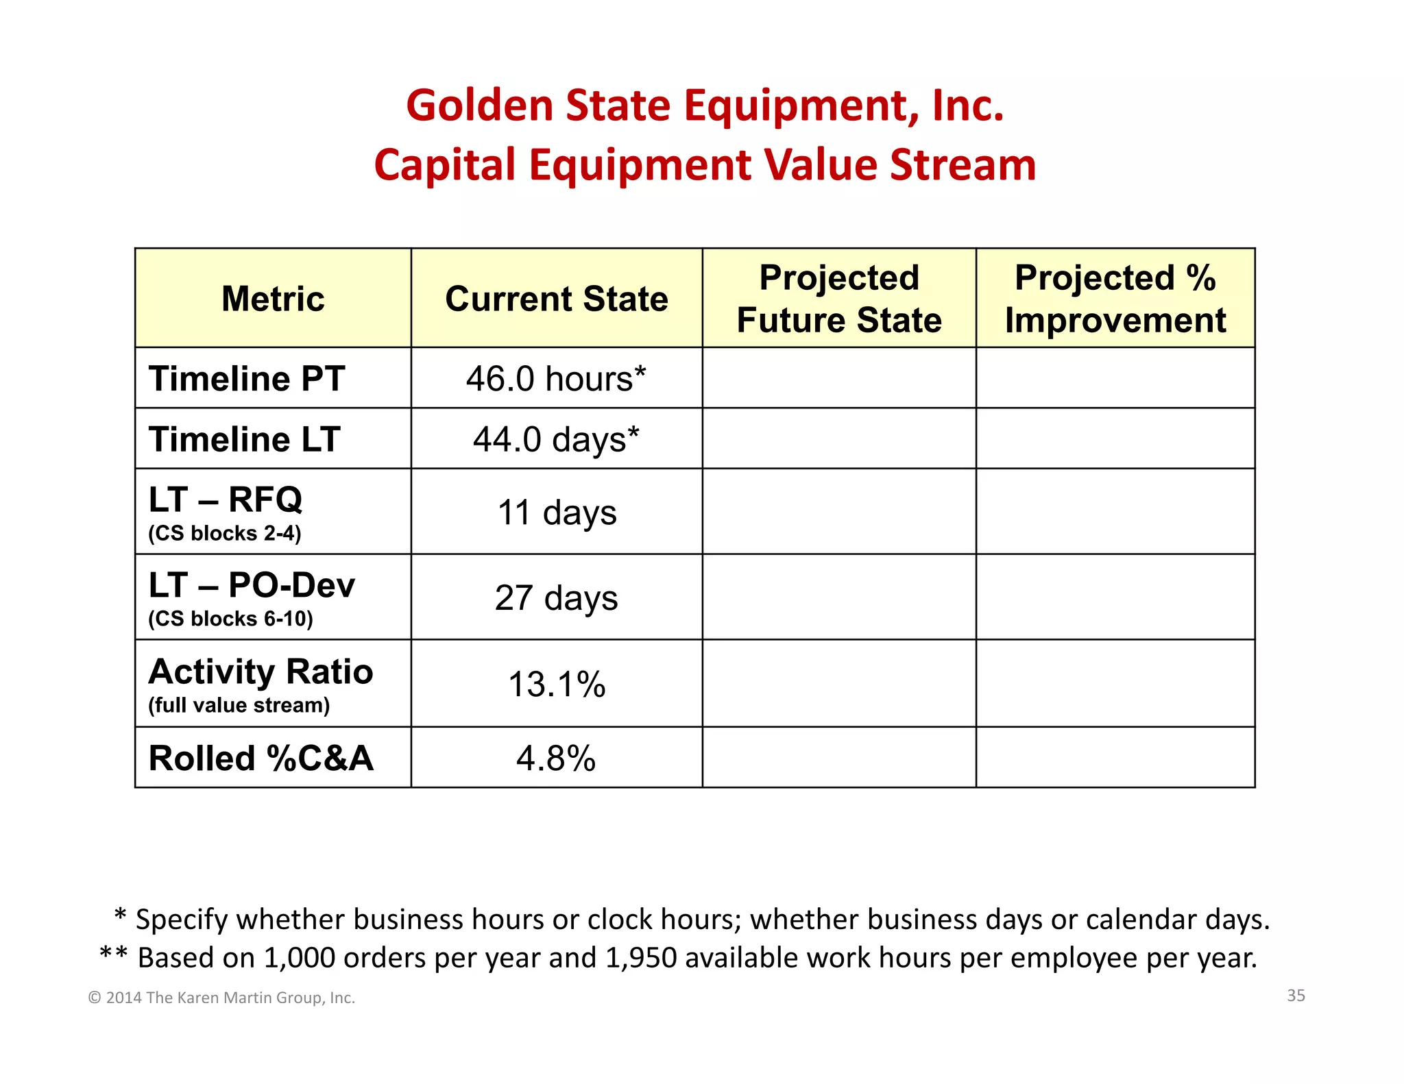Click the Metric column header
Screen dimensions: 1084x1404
click(x=273, y=299)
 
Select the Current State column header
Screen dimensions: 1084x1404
click(x=556, y=299)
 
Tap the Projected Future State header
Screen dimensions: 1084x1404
click(x=839, y=299)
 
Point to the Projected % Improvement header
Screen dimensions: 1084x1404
click(x=1115, y=299)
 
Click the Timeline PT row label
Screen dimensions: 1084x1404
click(x=247, y=378)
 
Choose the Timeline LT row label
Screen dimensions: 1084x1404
click(x=244, y=439)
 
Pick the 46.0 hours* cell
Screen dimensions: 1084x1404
click(x=556, y=378)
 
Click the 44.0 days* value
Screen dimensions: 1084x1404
click(x=556, y=439)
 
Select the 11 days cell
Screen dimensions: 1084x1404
click(x=557, y=513)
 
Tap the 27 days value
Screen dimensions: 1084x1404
click(x=556, y=598)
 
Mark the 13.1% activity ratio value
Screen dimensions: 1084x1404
click(x=557, y=685)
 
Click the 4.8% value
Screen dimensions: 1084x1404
click(x=556, y=759)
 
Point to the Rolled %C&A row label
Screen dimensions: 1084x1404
click(x=261, y=759)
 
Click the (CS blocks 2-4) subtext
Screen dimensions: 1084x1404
click(x=225, y=533)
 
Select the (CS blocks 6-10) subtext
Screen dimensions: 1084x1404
click(x=230, y=619)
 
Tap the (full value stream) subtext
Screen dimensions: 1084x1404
click(x=239, y=705)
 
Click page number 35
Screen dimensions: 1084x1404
click(x=1296, y=995)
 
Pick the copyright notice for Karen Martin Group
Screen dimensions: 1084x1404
click(x=221, y=998)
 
